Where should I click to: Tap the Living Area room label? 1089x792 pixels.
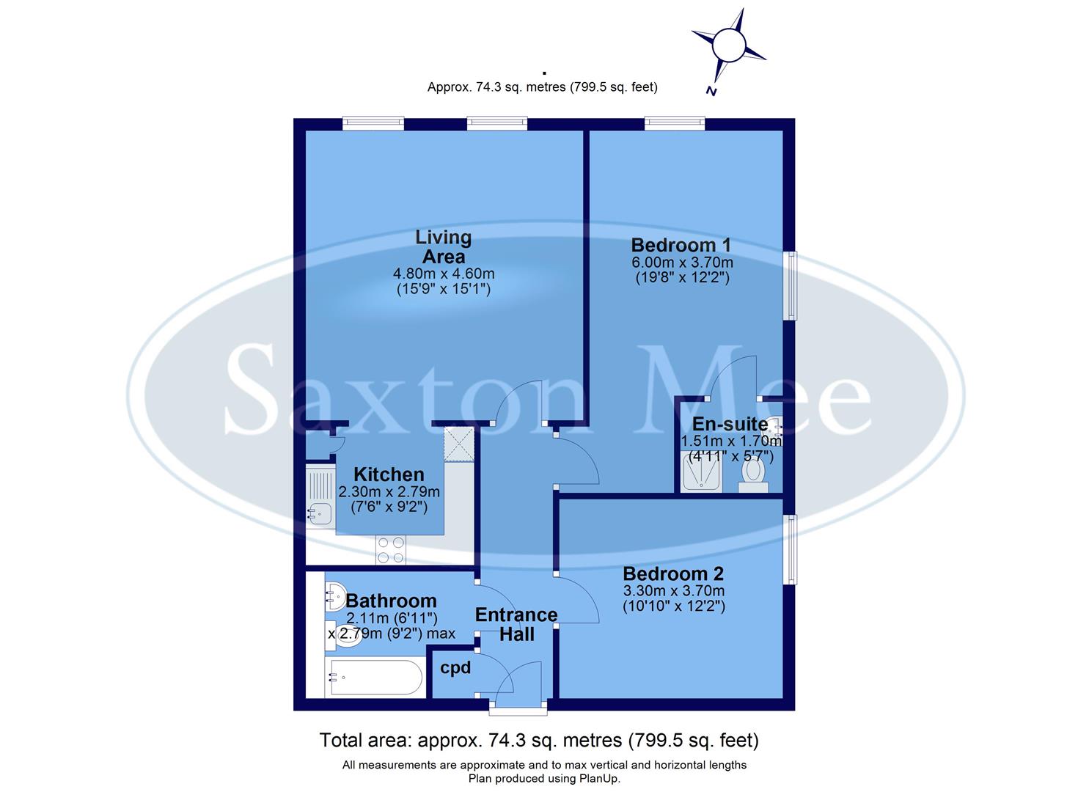[x=443, y=247]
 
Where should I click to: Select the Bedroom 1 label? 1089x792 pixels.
[x=681, y=245]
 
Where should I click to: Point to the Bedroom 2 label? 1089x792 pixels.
[x=673, y=573]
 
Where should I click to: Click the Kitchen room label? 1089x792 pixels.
[x=389, y=474]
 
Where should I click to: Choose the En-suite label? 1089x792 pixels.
[x=730, y=424]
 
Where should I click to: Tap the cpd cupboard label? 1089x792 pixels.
[x=455, y=668]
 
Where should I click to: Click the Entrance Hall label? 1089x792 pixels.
[x=516, y=624]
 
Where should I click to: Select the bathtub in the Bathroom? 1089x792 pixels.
[x=375, y=678]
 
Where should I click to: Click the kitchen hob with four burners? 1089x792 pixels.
[x=390, y=550]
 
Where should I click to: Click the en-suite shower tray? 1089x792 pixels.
[x=701, y=472]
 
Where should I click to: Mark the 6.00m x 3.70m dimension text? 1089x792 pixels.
[x=682, y=263]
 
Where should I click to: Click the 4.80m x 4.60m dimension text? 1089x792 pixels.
[x=444, y=274]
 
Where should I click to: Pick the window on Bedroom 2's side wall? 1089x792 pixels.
[x=790, y=549]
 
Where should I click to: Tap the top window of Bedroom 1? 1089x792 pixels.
[x=675, y=123]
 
